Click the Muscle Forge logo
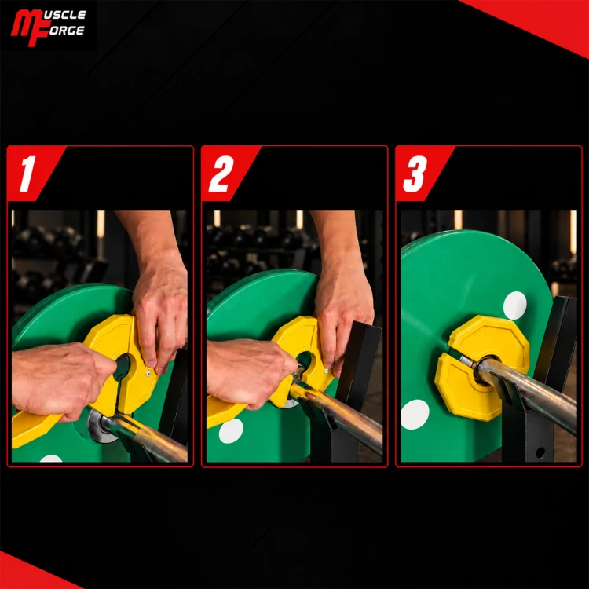tap(48, 27)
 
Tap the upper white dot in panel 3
tap(514, 305)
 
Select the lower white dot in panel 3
tap(415, 415)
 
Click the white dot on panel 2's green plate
tap(231, 431)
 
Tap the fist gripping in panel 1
tap(60, 379)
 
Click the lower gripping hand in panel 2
tap(250, 372)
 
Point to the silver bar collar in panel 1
tap(98, 426)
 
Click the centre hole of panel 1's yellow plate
tap(123, 366)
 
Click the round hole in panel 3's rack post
tap(540, 452)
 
